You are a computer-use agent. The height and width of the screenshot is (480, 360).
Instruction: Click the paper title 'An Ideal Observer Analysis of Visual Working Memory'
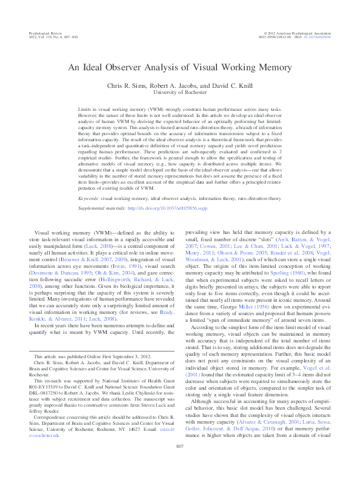pyautogui.click(x=179, y=68)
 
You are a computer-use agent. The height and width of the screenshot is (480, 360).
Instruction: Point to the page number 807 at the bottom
pyautogui.click(x=179, y=464)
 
